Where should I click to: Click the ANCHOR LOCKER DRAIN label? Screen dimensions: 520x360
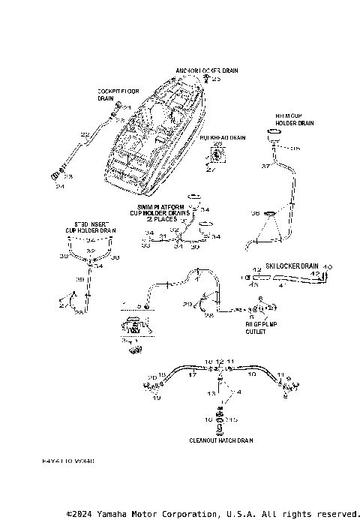(x=207, y=71)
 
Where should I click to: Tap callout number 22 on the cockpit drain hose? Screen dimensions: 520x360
(x=85, y=134)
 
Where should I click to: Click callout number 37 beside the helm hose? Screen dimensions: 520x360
(x=265, y=166)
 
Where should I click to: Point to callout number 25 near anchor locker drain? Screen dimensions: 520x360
(x=217, y=79)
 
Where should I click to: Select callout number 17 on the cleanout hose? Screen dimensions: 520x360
(x=192, y=374)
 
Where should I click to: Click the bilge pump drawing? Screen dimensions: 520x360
(x=136, y=327)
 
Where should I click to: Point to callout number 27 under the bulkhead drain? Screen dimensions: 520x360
(x=210, y=170)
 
